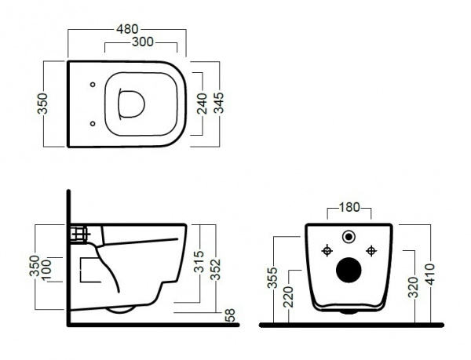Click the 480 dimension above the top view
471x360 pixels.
[x=127, y=29]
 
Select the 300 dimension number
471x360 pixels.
[x=143, y=42]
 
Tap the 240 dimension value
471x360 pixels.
[x=203, y=104]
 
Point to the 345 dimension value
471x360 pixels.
[x=219, y=103]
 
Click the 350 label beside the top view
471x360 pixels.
[x=42, y=104]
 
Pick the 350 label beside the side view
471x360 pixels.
[x=35, y=266]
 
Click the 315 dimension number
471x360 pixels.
[x=199, y=262]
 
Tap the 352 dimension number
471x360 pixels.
[x=215, y=269]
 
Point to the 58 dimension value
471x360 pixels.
[x=230, y=315]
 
